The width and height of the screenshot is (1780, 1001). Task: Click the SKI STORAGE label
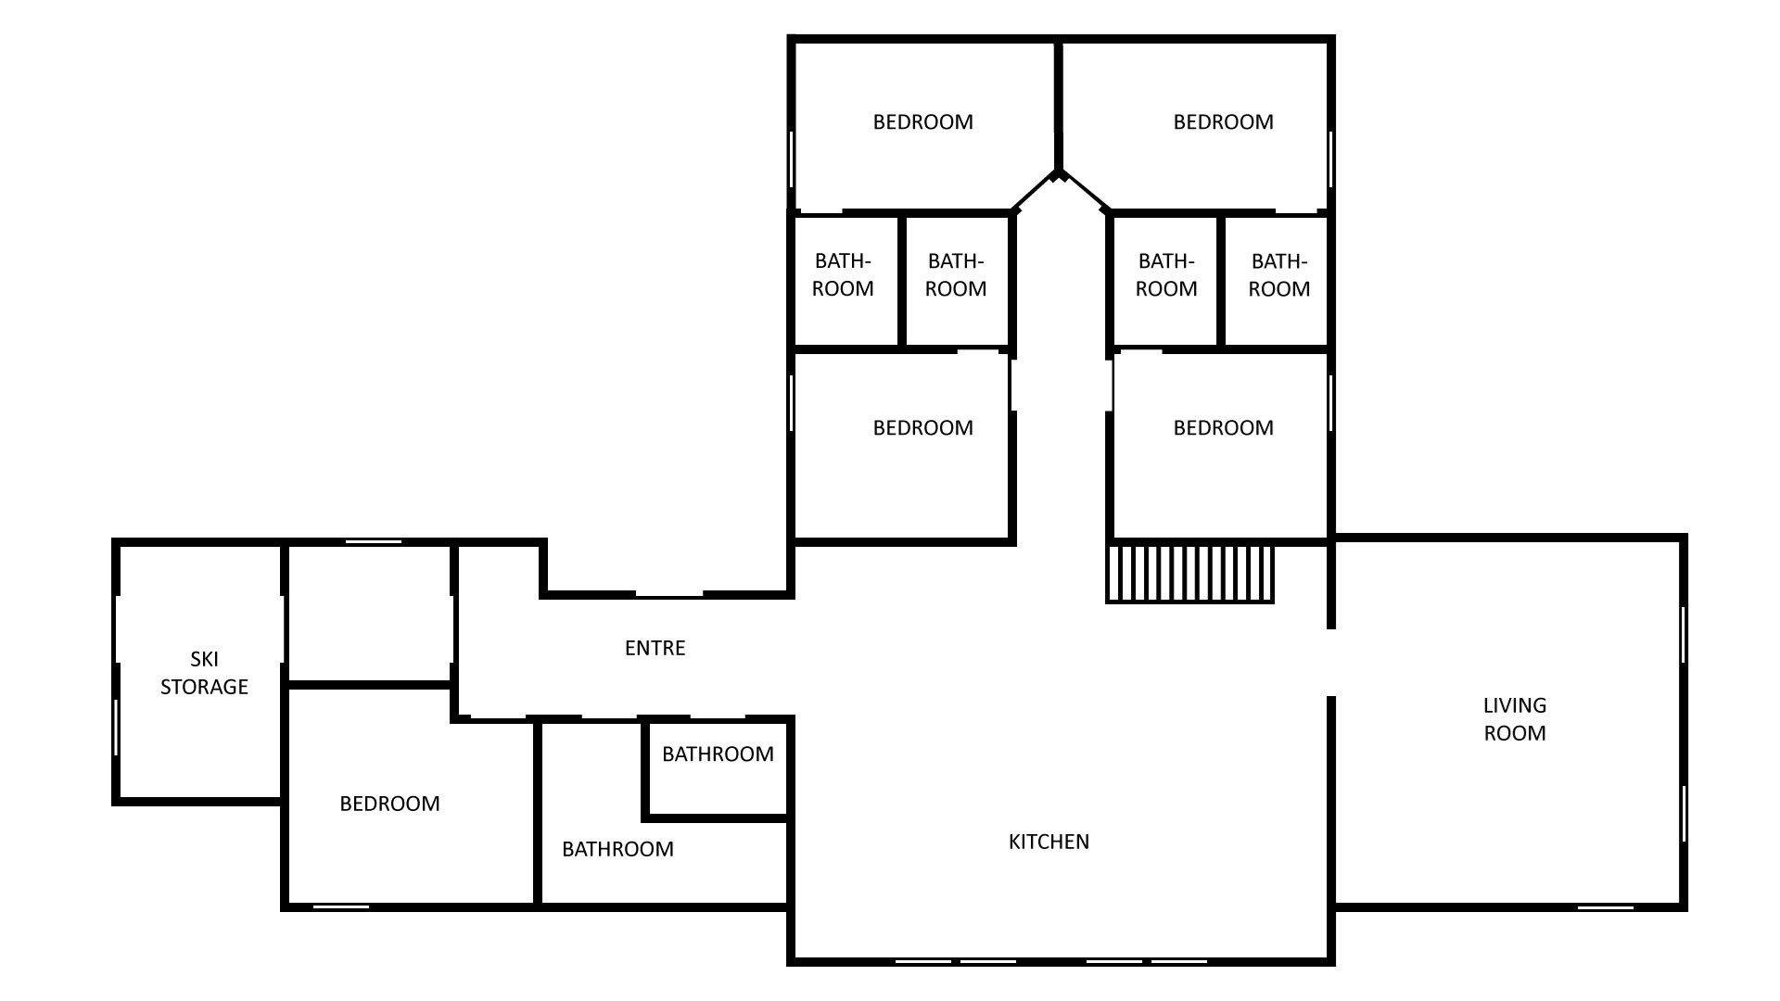pyautogui.click(x=204, y=673)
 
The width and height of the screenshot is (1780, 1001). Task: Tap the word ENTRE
pyautogui.click(x=655, y=648)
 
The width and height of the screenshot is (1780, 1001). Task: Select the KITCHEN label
pyautogui.click(x=1049, y=842)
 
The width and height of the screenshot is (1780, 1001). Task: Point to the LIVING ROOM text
pyautogui.click(x=1515, y=719)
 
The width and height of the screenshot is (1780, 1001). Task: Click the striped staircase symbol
pyautogui.click(x=1190, y=574)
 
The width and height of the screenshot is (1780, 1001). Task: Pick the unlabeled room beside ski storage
pyautogui.click(x=370, y=615)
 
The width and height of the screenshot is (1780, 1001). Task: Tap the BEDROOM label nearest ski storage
pyautogui.click(x=389, y=804)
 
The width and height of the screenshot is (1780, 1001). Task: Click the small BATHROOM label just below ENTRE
pyautogui.click(x=718, y=754)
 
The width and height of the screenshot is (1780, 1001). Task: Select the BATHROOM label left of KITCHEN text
pyautogui.click(x=617, y=849)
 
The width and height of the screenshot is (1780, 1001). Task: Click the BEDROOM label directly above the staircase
pyautogui.click(x=1223, y=427)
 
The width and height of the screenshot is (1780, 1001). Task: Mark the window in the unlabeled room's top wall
pyautogui.click(x=373, y=541)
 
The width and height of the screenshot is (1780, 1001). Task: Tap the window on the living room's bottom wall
pyautogui.click(x=1606, y=906)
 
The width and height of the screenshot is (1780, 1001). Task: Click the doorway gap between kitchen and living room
pyautogui.click(x=1331, y=663)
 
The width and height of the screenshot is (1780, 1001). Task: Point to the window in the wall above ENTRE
pyautogui.click(x=669, y=594)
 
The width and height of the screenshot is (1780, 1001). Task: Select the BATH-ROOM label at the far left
pyautogui.click(x=843, y=275)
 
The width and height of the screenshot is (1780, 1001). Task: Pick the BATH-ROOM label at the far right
pyautogui.click(x=1279, y=275)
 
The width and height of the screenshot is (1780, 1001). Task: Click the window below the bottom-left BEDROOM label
pyautogui.click(x=341, y=906)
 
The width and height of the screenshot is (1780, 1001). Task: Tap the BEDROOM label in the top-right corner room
pyautogui.click(x=1223, y=121)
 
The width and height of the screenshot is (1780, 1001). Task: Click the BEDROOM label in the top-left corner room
pyautogui.click(x=922, y=121)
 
